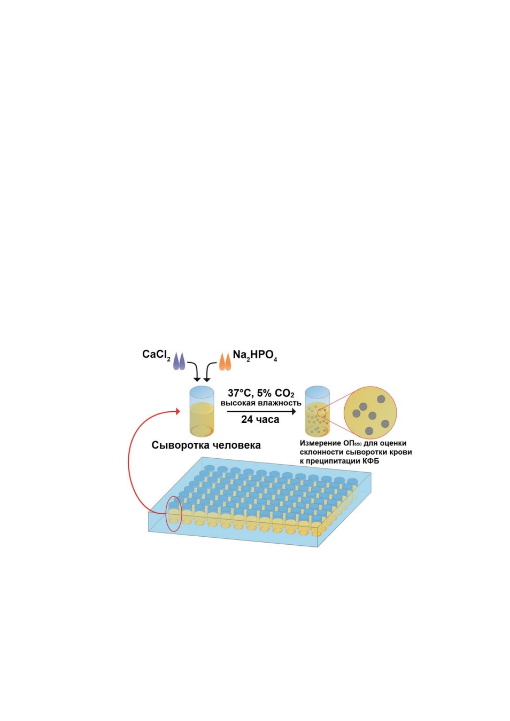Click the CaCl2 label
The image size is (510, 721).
pyautogui.click(x=156, y=355)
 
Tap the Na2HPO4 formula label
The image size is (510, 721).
pyautogui.click(x=255, y=356)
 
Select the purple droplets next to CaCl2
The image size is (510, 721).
pyautogui.click(x=179, y=361)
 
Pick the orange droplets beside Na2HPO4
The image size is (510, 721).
pyautogui.click(x=225, y=362)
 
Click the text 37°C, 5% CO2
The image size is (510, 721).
pyautogui.click(x=261, y=393)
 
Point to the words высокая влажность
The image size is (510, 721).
pyautogui.click(x=261, y=403)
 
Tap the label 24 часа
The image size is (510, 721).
pyautogui.click(x=260, y=420)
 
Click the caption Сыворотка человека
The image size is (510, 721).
pyautogui.click(x=206, y=445)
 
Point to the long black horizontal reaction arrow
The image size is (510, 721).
pyautogui.click(x=261, y=411)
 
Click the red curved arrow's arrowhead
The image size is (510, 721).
pyautogui.click(x=177, y=411)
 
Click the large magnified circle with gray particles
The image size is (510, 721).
pyautogui.click(x=370, y=413)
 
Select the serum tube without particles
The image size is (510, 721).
pyautogui.click(x=202, y=411)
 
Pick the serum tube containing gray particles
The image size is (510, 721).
pyautogui.click(x=318, y=411)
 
